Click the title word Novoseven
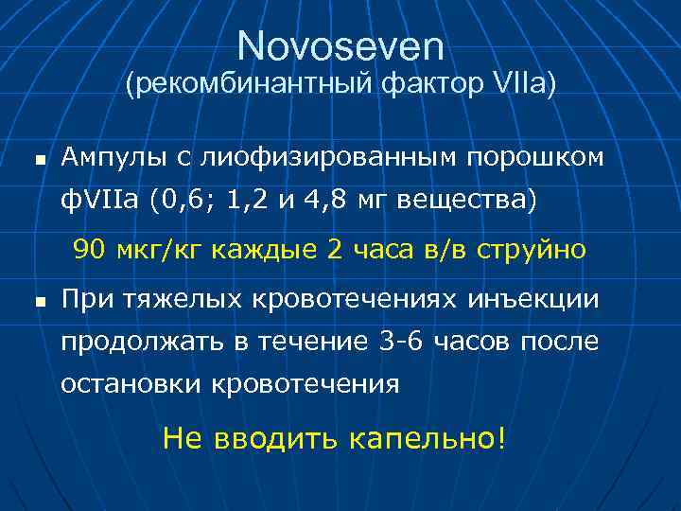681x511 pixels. (x=340, y=44)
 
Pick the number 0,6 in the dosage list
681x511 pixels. (x=193, y=200)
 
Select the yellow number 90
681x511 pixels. (x=90, y=250)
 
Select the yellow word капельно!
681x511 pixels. (x=427, y=438)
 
